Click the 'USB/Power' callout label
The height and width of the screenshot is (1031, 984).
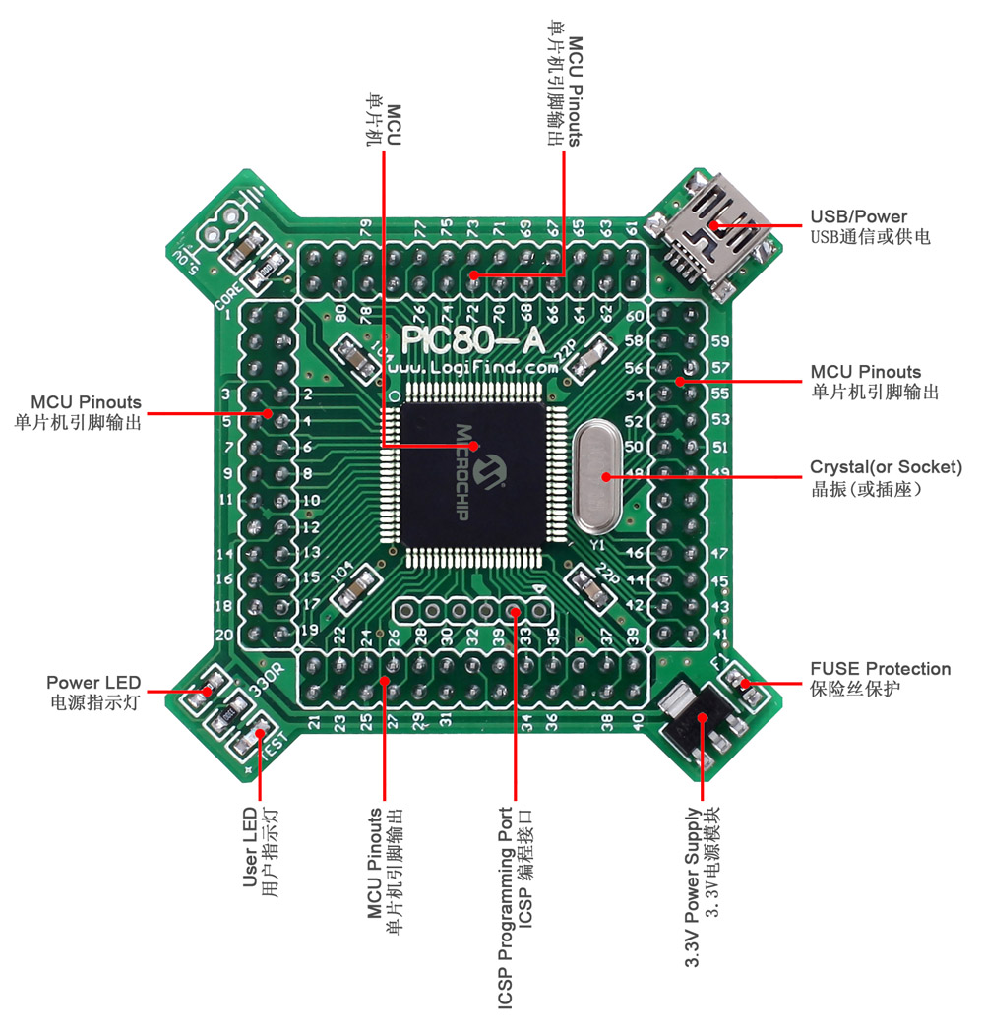coord(858,216)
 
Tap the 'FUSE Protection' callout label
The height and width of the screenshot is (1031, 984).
coord(880,669)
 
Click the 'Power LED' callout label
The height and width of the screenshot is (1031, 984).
coord(93,682)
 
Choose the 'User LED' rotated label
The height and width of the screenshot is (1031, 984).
coord(249,847)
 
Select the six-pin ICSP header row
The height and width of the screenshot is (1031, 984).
coord(471,611)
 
